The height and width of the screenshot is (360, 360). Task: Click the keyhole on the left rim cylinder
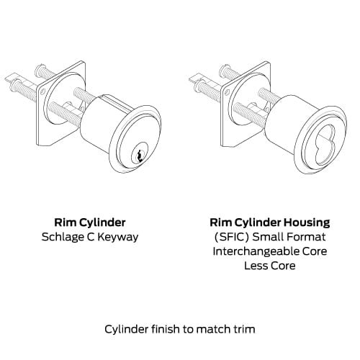pyautogui.click(x=139, y=156)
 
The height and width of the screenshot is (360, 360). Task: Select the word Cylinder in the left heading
pyautogui.click(x=102, y=222)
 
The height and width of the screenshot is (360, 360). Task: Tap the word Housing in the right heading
pyautogui.click(x=307, y=223)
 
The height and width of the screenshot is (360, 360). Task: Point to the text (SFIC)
pyautogui.click(x=232, y=237)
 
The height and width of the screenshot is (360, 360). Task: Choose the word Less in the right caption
pyautogui.click(x=256, y=266)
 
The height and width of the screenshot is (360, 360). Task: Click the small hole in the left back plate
pyautogui.click(x=42, y=91)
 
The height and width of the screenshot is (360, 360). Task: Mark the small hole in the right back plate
pyautogui.click(x=228, y=91)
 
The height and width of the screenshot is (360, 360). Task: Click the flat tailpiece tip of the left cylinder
pyautogui.click(x=9, y=78)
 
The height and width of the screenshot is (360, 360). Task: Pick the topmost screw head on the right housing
pyautogui.click(x=223, y=69)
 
